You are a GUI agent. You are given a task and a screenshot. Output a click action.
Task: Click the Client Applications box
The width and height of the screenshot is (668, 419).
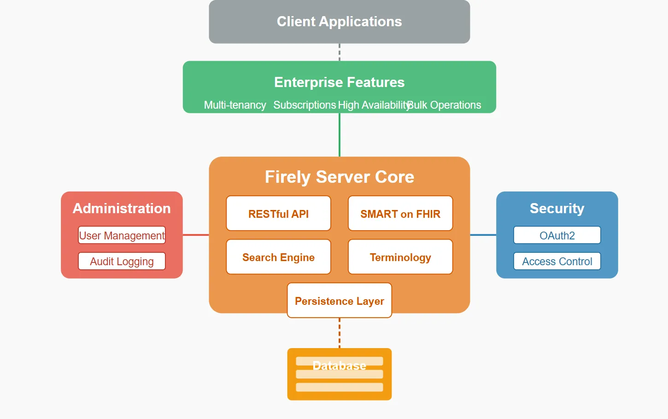click(340, 22)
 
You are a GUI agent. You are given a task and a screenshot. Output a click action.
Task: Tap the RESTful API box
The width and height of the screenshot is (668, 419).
click(279, 213)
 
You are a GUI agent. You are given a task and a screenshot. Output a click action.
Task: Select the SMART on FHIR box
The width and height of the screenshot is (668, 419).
click(400, 213)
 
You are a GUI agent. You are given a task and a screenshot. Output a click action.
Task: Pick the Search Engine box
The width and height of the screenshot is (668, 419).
click(279, 256)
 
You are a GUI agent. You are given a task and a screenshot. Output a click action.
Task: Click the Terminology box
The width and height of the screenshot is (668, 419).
click(400, 256)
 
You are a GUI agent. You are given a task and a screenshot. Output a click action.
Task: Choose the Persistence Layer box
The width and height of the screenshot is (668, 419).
click(340, 300)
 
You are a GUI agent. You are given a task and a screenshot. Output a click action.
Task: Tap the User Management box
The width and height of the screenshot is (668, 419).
click(122, 235)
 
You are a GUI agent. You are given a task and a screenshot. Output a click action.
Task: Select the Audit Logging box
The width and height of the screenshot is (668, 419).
click(122, 261)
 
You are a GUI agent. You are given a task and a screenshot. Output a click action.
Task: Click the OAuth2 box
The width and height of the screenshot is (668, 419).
click(557, 235)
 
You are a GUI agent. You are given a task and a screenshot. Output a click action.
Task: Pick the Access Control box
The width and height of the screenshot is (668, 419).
click(557, 261)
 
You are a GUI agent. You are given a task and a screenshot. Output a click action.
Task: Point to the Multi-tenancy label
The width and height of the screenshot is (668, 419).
click(235, 105)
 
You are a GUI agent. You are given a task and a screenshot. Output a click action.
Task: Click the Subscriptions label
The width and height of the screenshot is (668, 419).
click(305, 105)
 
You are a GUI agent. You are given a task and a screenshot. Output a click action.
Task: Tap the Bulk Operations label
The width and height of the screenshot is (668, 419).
click(444, 105)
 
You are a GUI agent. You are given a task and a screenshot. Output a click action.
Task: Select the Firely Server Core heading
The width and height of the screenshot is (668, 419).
click(340, 177)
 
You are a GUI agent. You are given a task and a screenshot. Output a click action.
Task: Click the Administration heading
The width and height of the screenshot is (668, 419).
click(122, 208)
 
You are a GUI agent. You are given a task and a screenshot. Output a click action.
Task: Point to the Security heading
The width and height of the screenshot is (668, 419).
click(557, 208)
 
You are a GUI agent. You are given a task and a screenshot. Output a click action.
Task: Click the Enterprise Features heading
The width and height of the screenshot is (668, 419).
click(340, 82)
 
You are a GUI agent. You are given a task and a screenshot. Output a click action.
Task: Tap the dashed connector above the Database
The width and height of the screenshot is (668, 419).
click(340, 333)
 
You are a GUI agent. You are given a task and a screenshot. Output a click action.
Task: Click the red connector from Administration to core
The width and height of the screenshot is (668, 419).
click(196, 235)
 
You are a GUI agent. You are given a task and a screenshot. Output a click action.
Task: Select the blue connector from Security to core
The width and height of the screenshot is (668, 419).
click(483, 235)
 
